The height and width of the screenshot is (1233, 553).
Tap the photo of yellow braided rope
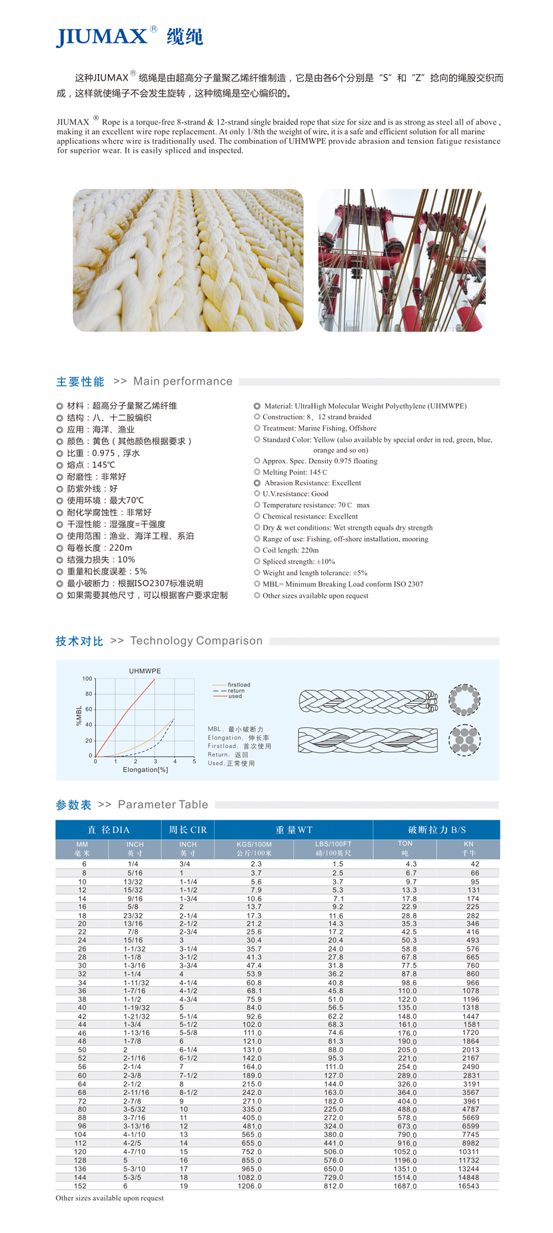click(x=188, y=260)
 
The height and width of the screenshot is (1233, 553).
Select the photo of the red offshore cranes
click(x=401, y=260)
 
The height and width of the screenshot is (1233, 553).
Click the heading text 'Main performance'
click(x=183, y=381)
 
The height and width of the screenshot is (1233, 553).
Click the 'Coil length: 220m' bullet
click(x=290, y=551)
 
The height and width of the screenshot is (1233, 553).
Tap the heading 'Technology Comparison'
click(x=196, y=640)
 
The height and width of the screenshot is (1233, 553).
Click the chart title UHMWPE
click(x=145, y=671)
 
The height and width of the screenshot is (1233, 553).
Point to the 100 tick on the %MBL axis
click(x=87, y=678)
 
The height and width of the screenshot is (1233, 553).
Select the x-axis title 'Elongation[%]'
click(x=145, y=770)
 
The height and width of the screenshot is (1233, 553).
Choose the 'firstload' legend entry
click(x=239, y=684)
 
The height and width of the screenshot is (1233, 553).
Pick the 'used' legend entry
click(x=235, y=696)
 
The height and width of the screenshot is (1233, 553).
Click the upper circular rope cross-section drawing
click(x=464, y=699)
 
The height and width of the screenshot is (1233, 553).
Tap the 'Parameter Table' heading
click(x=163, y=804)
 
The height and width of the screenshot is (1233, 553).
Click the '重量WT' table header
click(x=294, y=830)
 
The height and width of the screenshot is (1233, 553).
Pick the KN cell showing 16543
click(x=468, y=1186)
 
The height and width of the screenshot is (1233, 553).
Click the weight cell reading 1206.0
click(x=251, y=1186)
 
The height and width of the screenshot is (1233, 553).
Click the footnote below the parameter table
click(x=109, y=1198)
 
